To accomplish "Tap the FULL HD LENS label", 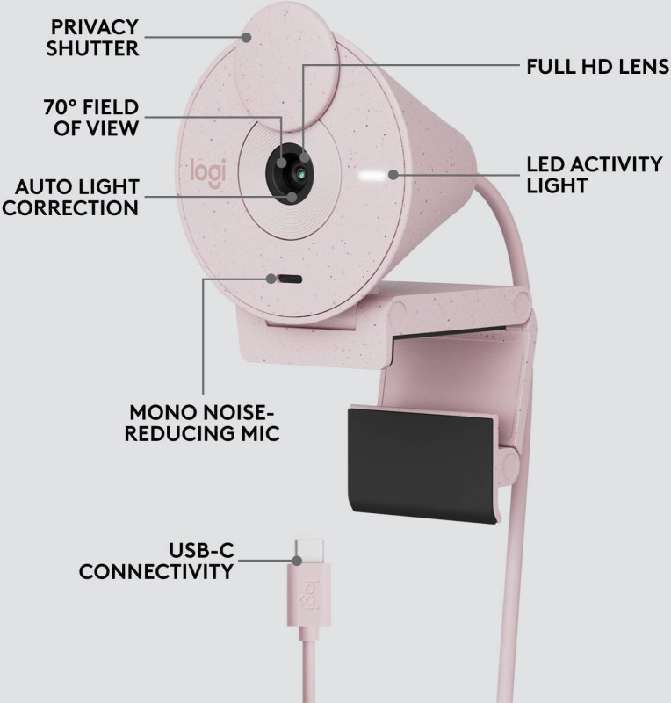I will coord(596,67).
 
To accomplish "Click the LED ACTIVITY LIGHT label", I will coord(594,175).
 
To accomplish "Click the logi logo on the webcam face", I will coord(208,170).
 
